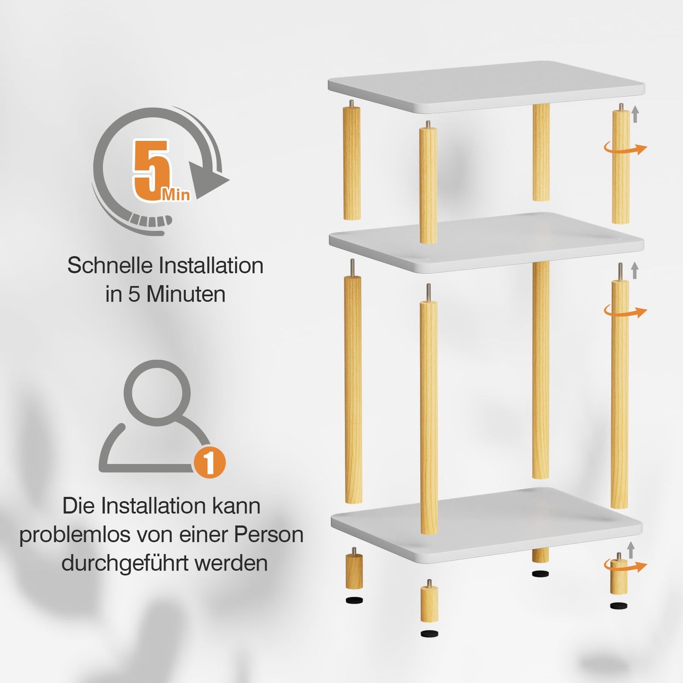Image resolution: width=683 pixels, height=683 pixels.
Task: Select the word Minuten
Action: [186, 294]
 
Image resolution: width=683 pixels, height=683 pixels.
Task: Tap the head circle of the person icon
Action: [157, 393]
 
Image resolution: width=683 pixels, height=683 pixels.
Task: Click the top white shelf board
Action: [486, 87]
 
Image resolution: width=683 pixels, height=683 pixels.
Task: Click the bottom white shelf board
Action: [487, 526]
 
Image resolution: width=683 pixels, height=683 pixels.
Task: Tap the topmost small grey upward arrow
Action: [635, 115]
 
